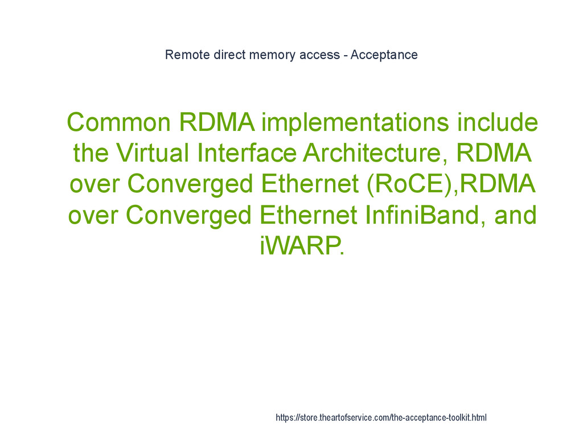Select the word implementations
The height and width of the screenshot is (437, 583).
[350, 122]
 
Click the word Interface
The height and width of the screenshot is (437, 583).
[247, 153]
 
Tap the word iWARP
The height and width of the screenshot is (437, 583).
[302, 246]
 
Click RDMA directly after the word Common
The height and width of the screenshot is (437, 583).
[216, 122]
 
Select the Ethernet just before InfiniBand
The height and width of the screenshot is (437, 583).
[309, 215]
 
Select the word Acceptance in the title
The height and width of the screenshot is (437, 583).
[384, 55]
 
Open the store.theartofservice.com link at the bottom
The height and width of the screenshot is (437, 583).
[381, 418]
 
